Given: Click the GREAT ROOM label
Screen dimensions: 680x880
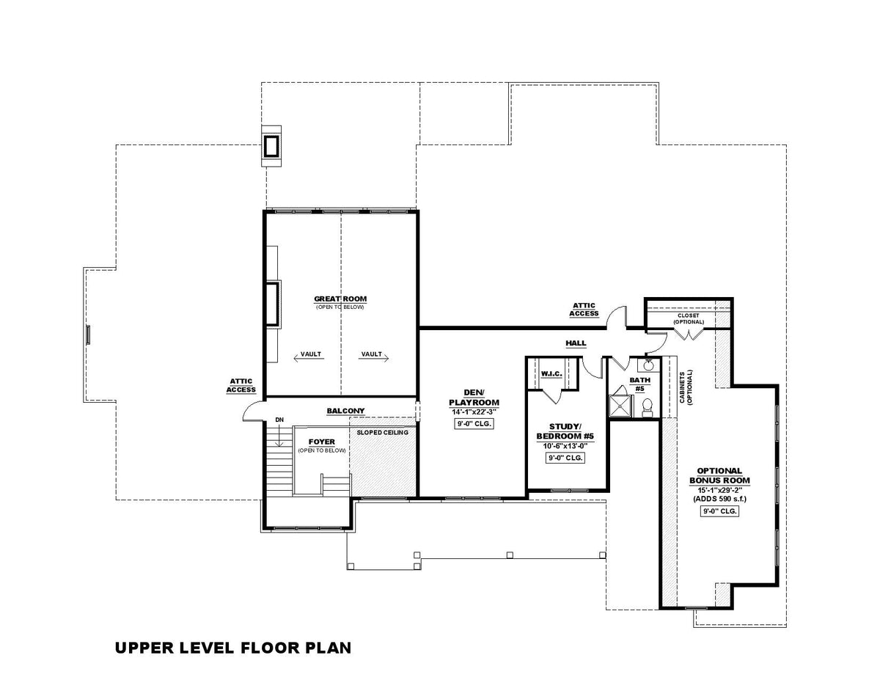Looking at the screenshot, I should [340, 299].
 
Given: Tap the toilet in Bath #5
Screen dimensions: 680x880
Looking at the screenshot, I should [648, 406].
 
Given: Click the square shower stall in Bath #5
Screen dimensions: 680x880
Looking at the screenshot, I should [621, 405].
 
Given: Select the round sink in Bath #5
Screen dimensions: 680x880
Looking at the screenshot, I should [648, 365].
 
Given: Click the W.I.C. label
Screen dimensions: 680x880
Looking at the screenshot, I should [551, 374].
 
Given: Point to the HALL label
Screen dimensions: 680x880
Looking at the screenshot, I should [576, 343].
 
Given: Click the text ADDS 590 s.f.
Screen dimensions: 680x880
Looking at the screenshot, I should [714, 498].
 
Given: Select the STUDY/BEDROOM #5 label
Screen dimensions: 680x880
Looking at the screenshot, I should [565, 431].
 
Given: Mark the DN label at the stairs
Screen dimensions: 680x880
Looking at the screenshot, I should [279, 420].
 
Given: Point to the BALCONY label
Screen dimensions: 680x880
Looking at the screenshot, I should [345, 410].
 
